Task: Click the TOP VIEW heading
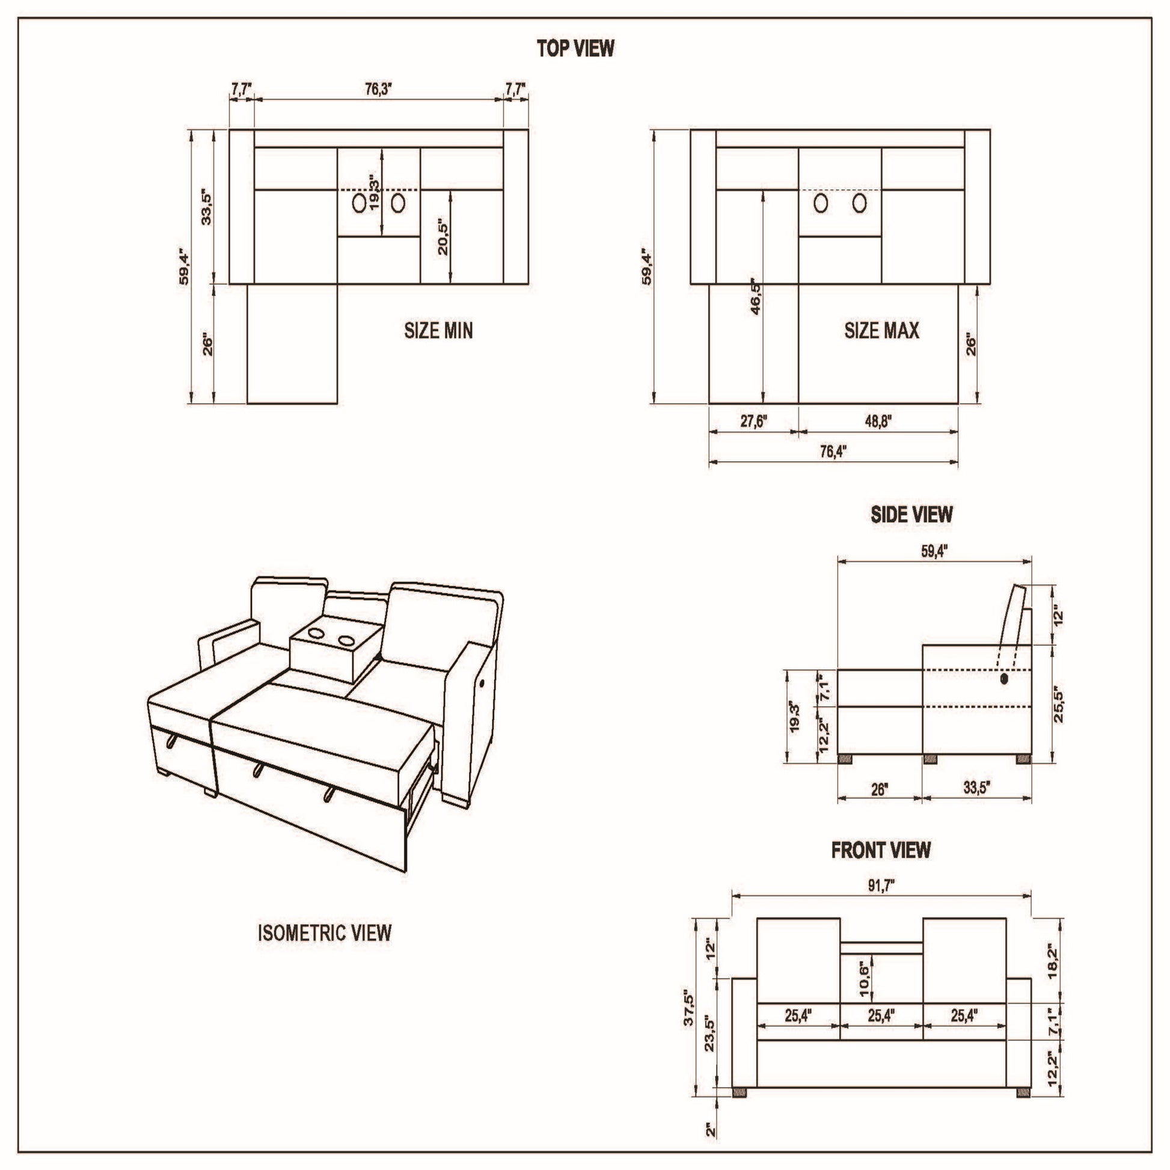click(575, 49)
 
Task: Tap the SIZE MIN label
click(438, 331)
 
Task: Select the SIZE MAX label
click(882, 331)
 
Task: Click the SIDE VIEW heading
click(911, 515)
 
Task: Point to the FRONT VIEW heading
click(881, 850)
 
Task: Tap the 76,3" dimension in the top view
click(379, 89)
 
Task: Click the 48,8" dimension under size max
click(878, 421)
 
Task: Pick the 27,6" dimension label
click(754, 421)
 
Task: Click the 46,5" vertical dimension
click(755, 297)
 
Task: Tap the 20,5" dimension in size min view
click(443, 237)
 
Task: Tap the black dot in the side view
click(1005, 679)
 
